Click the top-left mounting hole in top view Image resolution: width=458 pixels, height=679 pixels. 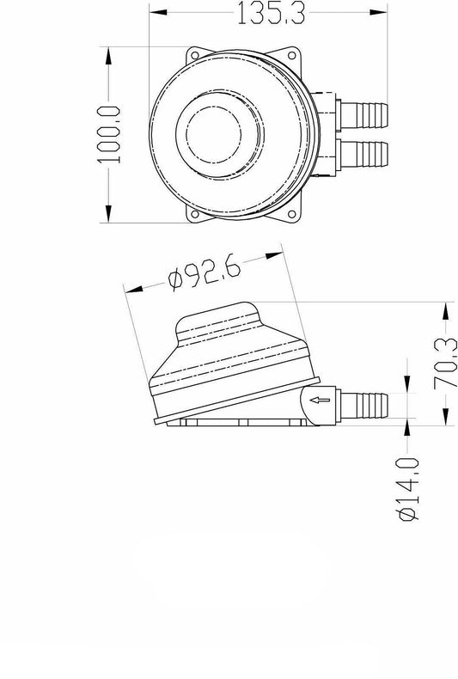click(x=195, y=54)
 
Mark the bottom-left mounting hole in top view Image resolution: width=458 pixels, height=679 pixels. click(x=195, y=215)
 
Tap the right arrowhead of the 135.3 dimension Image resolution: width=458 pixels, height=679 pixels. click(x=378, y=13)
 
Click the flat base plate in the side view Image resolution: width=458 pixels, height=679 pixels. click(x=232, y=422)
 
